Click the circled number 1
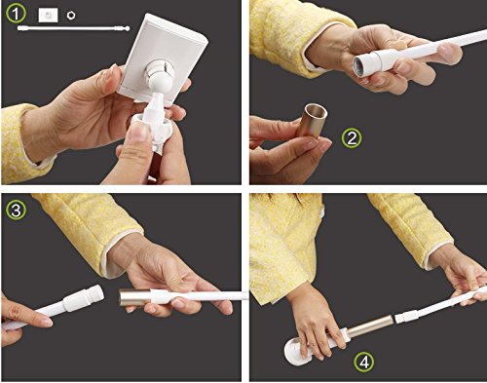[16, 15]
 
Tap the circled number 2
[352, 138]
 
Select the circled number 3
[16, 211]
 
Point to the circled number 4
[364, 362]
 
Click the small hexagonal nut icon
[71, 16]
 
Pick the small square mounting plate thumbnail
[48, 16]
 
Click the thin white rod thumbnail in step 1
[73, 28]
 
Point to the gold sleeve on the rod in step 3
[134, 297]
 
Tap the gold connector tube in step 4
[371, 326]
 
